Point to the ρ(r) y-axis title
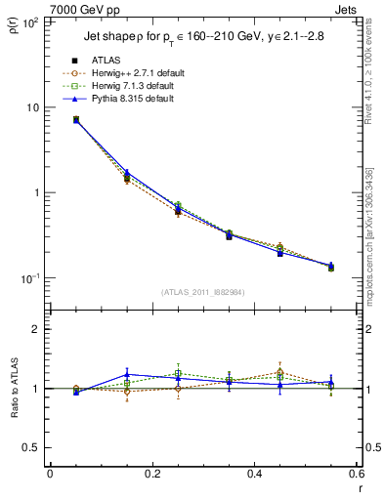13,25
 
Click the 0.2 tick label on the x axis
151,474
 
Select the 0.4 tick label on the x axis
254,474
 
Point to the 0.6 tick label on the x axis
357,474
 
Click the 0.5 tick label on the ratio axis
33,447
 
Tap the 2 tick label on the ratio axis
37,330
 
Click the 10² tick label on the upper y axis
31,21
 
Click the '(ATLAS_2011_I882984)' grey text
202,292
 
